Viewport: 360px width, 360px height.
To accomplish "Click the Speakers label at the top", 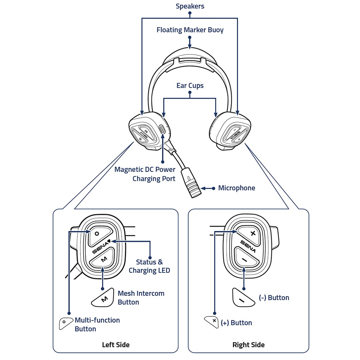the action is pos(190,6).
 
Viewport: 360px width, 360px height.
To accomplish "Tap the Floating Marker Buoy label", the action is pos(190,30).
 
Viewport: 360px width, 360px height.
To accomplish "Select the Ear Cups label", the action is pos(190,86).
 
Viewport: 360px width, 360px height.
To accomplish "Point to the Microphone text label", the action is pos(237,188).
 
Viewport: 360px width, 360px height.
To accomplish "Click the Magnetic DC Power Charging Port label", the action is pos(145,174).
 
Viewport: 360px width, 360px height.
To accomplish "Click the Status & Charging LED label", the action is pos(149,266).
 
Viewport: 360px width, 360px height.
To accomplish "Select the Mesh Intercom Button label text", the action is pos(141,298).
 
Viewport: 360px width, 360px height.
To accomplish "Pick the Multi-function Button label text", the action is pos(97,324).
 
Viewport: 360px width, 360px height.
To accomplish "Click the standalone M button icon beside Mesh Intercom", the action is pos(103,297).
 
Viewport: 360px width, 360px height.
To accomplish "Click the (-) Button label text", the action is pos(274,298).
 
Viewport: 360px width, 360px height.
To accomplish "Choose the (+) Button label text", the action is pos(236,323).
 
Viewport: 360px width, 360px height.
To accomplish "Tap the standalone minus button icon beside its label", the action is pos(243,298).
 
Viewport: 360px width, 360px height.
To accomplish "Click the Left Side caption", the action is pos(116,345).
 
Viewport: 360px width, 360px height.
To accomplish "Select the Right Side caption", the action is pos(249,345).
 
